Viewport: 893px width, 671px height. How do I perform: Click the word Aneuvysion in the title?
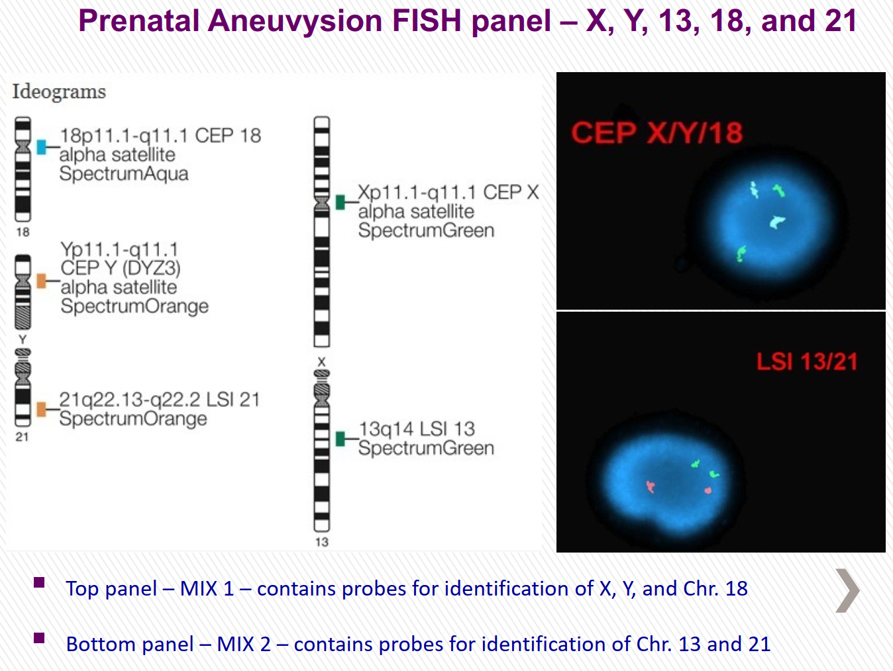pyautogui.click(x=295, y=21)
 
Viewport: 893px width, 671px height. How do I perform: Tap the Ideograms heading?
pyautogui.click(x=59, y=92)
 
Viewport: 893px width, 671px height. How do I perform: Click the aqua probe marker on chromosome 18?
pyautogui.click(x=42, y=147)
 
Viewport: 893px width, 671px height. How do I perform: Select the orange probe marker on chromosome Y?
pyautogui.click(x=42, y=281)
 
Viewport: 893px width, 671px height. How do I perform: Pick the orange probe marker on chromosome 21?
pyautogui.click(x=42, y=409)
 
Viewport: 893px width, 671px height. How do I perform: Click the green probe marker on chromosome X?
pyautogui.click(x=341, y=202)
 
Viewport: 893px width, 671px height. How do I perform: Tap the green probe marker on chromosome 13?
pyautogui.click(x=341, y=439)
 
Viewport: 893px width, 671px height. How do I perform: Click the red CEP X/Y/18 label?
pyautogui.click(x=657, y=132)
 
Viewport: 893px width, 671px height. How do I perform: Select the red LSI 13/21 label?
pyautogui.click(x=807, y=361)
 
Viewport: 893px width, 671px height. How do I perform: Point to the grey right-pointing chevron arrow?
pyautogui.click(x=847, y=590)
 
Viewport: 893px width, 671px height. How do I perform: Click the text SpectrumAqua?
pyautogui.click(x=124, y=174)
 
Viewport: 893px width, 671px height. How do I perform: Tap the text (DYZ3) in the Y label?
pyautogui.click(x=151, y=268)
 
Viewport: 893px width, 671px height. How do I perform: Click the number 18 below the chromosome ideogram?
pyautogui.click(x=23, y=232)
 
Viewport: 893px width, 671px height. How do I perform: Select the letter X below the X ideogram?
pyautogui.click(x=322, y=361)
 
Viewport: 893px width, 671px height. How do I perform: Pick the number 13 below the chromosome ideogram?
pyautogui.click(x=322, y=542)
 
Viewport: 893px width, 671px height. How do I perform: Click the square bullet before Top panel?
pyautogui.click(x=39, y=582)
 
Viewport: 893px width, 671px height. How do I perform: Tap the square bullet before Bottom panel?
pyautogui.click(x=39, y=638)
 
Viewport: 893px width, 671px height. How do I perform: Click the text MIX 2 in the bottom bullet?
pyautogui.click(x=244, y=644)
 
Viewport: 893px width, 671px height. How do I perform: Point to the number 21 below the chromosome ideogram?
pyautogui.click(x=22, y=437)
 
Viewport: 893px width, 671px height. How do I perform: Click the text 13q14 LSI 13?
pyautogui.click(x=417, y=429)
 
